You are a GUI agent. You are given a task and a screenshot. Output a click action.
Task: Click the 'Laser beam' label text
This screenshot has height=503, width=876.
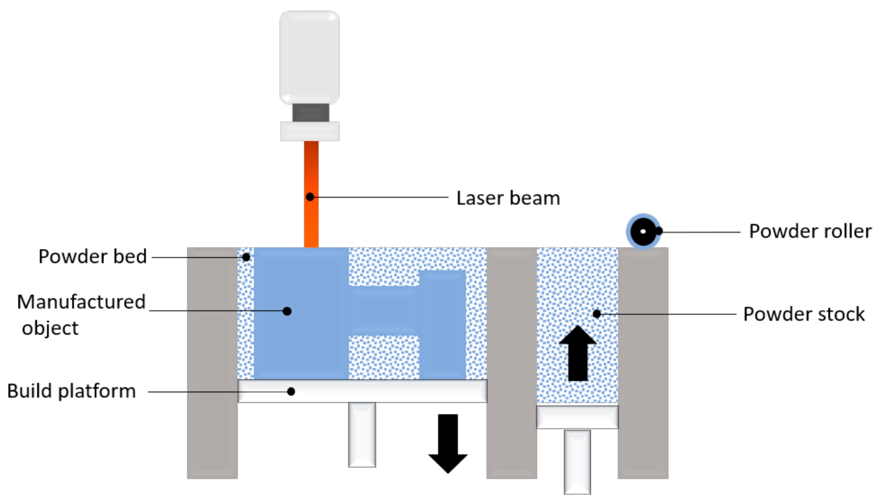click(508, 198)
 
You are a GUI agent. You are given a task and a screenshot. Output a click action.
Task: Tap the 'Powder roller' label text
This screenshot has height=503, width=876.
click(810, 231)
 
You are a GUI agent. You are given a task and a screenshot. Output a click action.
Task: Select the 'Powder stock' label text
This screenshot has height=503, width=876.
click(804, 314)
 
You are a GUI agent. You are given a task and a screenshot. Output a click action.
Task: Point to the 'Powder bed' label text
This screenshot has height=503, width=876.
click(92, 257)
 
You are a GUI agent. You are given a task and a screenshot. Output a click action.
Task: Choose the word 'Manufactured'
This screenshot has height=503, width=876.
click(81, 302)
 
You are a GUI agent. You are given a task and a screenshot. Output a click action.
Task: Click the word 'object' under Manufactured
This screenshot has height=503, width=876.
click(50, 328)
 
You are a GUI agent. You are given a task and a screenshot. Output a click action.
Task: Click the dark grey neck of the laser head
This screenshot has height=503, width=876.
click(310, 113)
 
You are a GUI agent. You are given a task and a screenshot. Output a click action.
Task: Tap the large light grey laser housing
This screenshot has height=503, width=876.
click(309, 57)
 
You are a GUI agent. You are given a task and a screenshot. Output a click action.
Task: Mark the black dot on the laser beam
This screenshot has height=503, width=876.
click(310, 197)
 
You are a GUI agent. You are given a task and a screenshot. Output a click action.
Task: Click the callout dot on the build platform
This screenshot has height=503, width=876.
click(291, 392)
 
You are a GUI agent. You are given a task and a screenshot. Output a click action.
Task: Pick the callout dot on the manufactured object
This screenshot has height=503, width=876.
click(287, 311)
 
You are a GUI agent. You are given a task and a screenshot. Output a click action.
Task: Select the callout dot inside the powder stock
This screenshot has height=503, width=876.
click(596, 314)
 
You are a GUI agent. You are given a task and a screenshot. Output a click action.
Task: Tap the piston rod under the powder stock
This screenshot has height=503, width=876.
click(577, 462)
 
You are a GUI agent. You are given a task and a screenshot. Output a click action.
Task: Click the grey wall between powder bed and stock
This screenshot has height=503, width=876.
click(512, 363)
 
